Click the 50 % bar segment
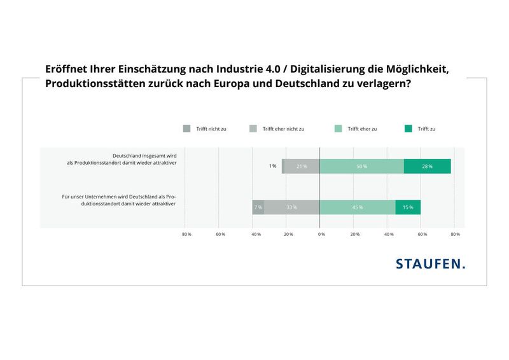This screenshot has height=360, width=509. click(361, 167)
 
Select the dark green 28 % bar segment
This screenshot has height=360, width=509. click(427, 167)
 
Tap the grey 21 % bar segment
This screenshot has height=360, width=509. click(301, 167)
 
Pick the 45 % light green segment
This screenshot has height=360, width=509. click(357, 207)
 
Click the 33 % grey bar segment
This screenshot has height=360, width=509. click(291, 207)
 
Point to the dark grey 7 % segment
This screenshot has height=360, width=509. click(258, 207)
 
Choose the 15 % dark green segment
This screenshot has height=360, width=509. click(408, 207)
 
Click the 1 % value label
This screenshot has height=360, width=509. click(272, 167)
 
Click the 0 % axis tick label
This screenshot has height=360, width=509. click(321, 235)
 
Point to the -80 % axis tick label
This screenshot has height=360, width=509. click(186, 235)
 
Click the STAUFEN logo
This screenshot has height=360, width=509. click(430, 263)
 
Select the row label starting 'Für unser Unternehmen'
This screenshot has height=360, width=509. click(118, 201)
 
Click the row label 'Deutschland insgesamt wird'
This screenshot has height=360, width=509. click(144, 156)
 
